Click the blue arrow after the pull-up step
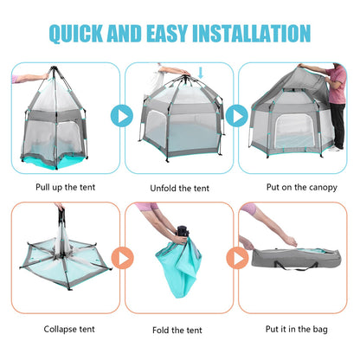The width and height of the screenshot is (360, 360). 121,115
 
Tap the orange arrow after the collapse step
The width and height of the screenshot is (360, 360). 121,257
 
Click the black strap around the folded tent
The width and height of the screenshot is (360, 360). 183,233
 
